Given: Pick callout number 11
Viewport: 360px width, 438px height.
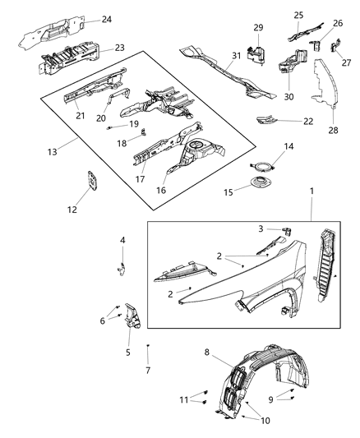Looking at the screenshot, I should point(183,399).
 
